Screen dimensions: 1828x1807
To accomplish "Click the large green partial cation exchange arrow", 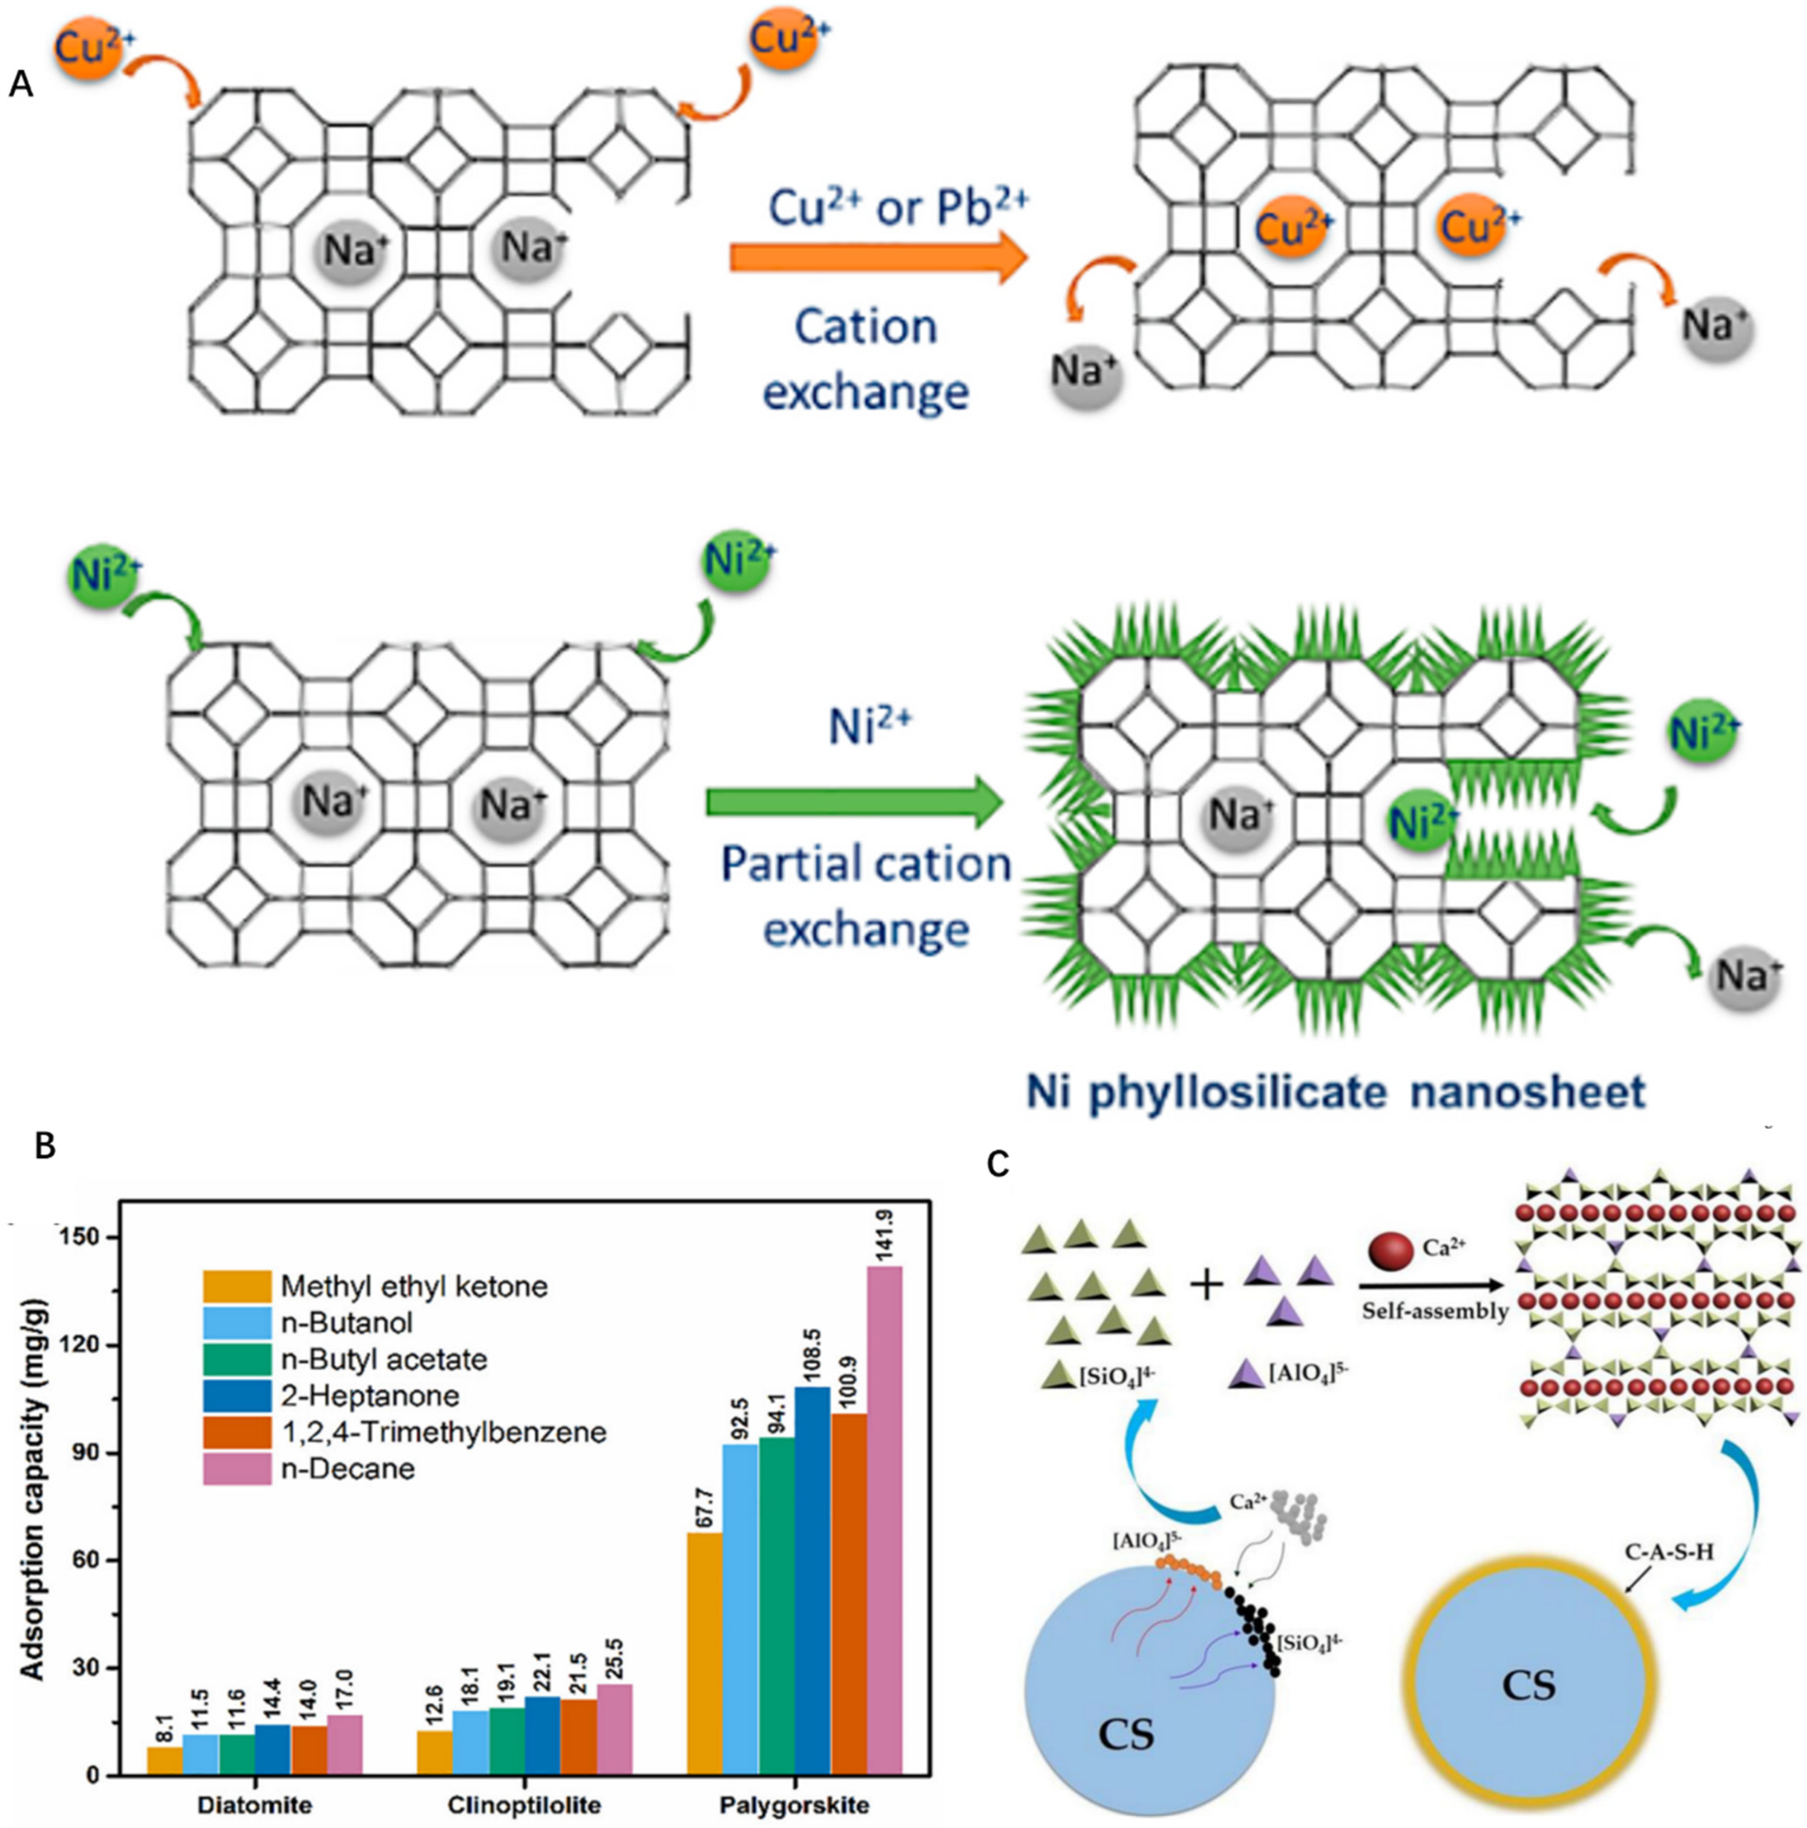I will point(852,803).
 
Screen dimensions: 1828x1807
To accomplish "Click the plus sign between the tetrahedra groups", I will point(1206,1285).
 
